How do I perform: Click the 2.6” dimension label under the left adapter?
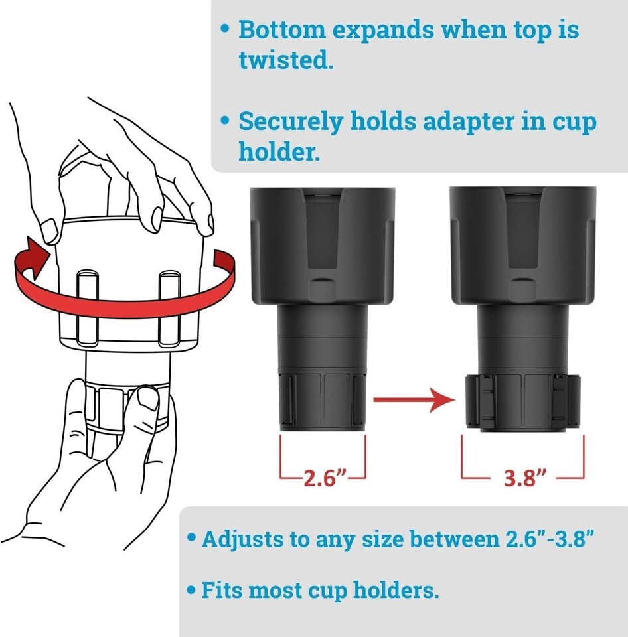(325, 478)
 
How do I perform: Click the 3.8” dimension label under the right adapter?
(524, 478)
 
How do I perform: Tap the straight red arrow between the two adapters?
(414, 400)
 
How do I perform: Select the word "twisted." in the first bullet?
(285, 60)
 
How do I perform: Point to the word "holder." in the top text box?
(279, 151)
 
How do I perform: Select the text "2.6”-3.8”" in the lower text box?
(550, 539)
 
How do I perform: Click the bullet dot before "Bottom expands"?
(225, 29)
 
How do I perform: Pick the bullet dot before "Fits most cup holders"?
(191, 589)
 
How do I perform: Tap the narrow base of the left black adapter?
(323, 399)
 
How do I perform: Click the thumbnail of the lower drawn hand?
(148, 397)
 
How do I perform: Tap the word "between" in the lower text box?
(454, 539)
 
